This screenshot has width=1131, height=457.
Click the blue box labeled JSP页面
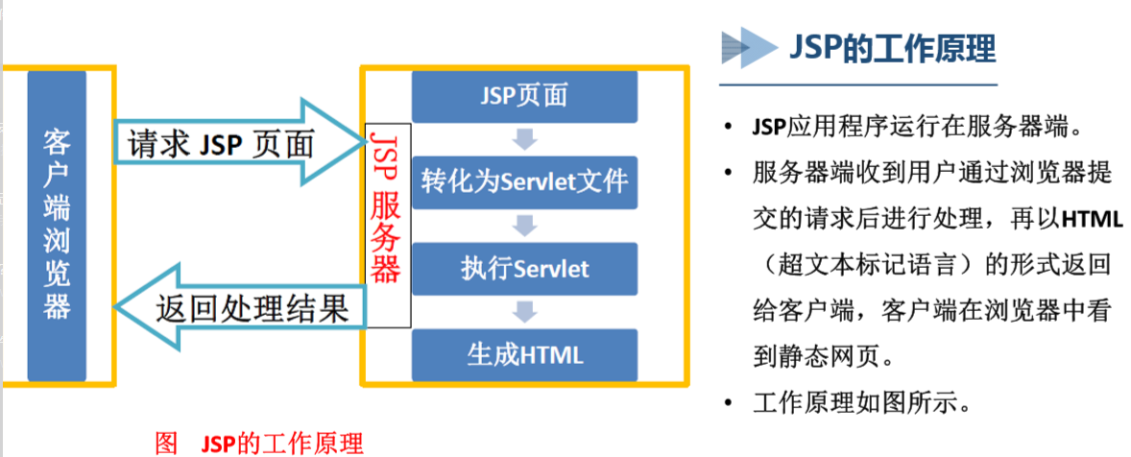(x=523, y=96)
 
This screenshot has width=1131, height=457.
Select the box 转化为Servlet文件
(x=523, y=181)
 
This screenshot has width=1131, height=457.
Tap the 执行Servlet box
(x=523, y=268)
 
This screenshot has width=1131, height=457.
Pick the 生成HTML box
(x=523, y=354)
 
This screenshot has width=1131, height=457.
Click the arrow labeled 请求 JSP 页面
(x=230, y=144)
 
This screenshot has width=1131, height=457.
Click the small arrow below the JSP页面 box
(x=523, y=140)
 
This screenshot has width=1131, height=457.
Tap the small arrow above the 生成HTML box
(x=523, y=311)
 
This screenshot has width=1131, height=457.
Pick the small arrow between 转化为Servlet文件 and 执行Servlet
(x=523, y=226)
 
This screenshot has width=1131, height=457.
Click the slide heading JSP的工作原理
(x=892, y=48)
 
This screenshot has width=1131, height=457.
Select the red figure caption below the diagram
(x=259, y=444)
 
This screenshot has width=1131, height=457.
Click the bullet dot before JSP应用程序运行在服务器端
(x=733, y=129)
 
